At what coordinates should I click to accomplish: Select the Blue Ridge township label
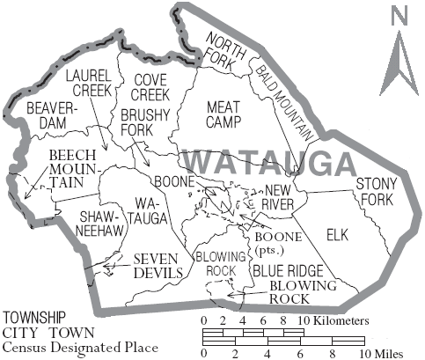[x=285, y=271]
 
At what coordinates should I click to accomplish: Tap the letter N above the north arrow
[x=399, y=15]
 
